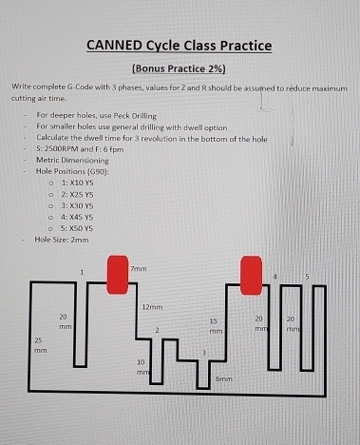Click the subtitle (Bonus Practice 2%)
click(180, 68)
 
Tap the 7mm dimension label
click(139, 270)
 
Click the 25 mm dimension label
click(39, 344)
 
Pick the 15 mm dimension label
click(215, 327)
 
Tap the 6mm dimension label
click(223, 378)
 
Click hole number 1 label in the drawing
click(83, 273)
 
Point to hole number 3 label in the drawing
click(204, 352)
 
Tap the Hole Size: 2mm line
click(62, 241)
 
